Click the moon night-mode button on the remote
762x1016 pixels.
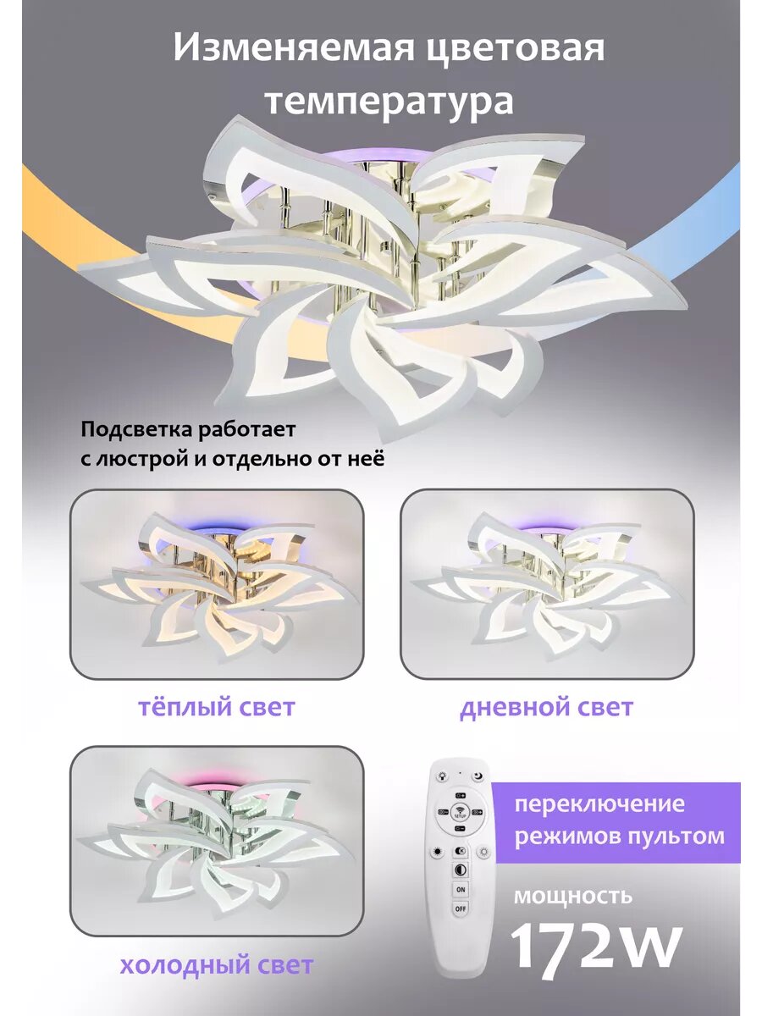(479, 776)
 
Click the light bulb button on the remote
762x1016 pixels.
(441, 776)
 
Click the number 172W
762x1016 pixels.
(595, 947)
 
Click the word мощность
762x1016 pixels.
(573, 894)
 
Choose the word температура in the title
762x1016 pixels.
(389, 101)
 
